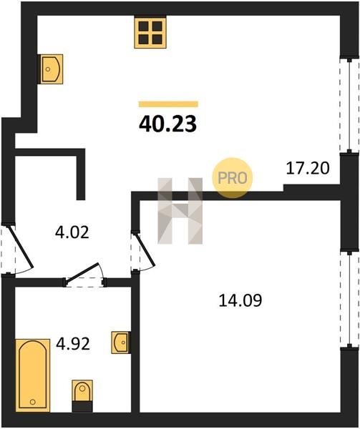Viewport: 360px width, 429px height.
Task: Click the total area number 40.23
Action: click(x=167, y=124)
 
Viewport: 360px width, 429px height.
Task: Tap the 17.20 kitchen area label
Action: click(x=308, y=168)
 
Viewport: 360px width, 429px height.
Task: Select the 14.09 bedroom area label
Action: click(x=240, y=300)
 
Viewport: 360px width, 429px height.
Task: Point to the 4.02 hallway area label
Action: click(x=72, y=232)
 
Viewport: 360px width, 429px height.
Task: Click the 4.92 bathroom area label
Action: click(x=73, y=344)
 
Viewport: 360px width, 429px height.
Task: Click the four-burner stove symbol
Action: click(x=150, y=33)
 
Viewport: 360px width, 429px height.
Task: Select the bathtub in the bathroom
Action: click(x=33, y=375)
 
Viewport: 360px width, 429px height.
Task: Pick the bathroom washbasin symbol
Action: click(x=120, y=342)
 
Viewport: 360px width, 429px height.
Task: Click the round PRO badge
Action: click(x=233, y=178)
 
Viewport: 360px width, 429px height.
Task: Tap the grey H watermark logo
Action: click(x=180, y=211)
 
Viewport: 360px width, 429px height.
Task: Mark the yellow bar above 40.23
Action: click(x=168, y=104)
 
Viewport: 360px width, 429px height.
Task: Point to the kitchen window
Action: click(x=349, y=105)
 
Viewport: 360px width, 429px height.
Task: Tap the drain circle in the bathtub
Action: click(x=33, y=402)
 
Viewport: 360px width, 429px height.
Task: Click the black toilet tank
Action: click(x=82, y=406)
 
